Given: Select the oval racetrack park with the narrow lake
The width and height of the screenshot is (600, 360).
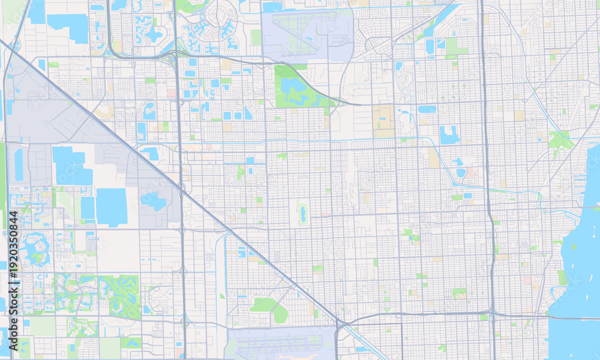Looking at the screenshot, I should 302,212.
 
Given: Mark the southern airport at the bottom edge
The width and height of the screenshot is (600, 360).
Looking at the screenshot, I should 282,345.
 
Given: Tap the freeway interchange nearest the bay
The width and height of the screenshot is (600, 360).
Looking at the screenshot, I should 492,312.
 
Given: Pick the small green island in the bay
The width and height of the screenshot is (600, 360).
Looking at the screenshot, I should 574,246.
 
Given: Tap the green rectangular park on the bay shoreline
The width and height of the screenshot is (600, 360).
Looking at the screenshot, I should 562,278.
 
